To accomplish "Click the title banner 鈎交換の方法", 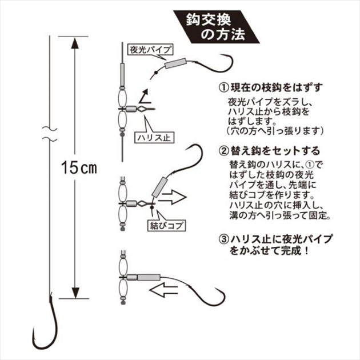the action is click(216, 27).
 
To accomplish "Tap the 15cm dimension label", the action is click(79, 167).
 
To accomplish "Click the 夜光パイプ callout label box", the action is click(150, 50).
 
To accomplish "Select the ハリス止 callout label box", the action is click(154, 138).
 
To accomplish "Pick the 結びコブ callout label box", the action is click(166, 225).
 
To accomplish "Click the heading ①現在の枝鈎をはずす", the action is click(270, 87).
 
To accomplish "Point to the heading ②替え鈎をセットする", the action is click(269, 151).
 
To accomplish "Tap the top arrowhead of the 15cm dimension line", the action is click(75, 43).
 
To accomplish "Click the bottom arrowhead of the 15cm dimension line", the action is click(75, 293).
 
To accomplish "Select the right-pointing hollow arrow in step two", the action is click(172, 197).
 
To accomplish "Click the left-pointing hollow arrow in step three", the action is click(163, 290).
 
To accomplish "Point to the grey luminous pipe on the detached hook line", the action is click(176, 63).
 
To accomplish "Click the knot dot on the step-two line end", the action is click(151, 207).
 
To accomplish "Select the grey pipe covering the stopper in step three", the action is click(149, 277).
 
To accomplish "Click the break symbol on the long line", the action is click(50, 134).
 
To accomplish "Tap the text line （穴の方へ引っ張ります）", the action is click(275, 131).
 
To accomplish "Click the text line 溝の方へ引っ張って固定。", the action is click(280, 215).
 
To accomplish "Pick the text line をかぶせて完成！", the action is click(269, 250).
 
